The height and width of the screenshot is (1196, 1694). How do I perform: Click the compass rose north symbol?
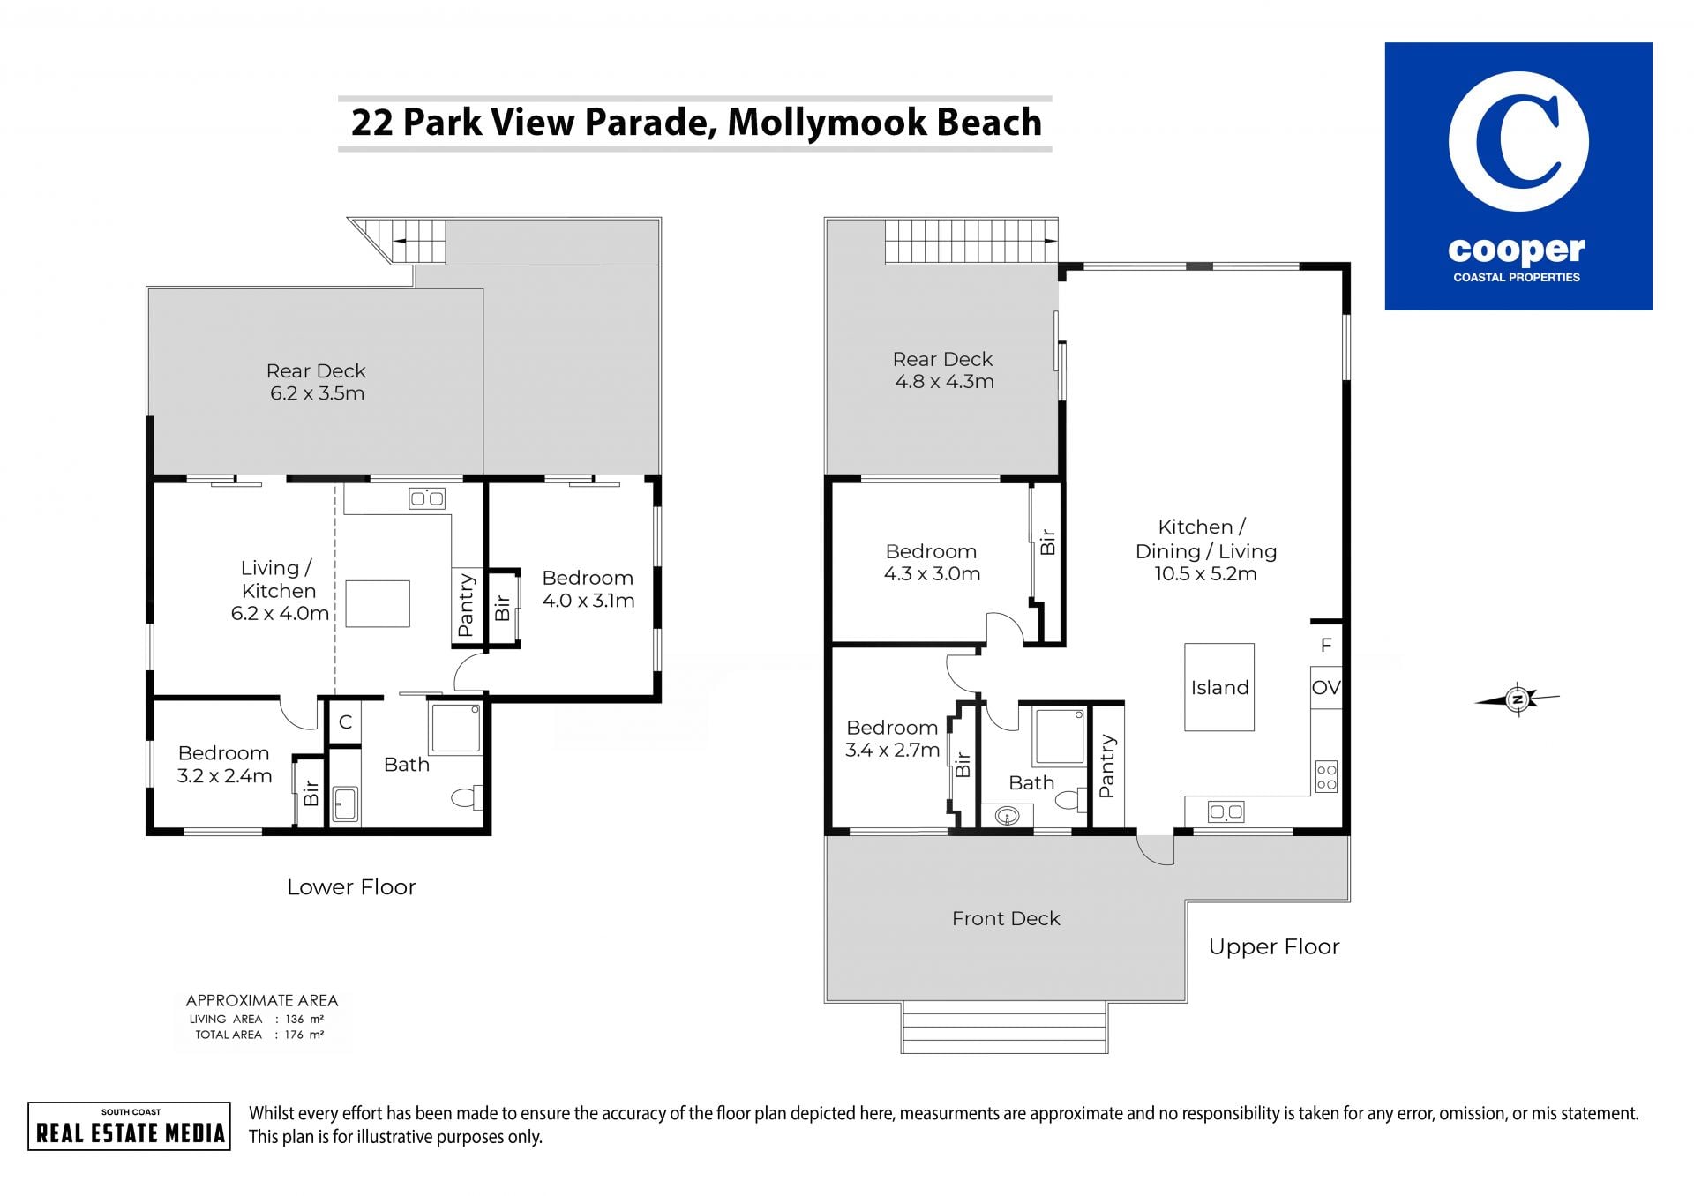(x=1518, y=699)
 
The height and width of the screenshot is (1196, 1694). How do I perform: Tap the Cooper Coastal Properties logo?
(x=1518, y=176)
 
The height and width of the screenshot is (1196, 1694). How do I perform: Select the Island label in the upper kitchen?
(x=1219, y=688)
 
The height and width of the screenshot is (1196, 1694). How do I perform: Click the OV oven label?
(x=1326, y=688)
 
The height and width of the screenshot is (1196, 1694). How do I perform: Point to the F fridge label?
(x=1326, y=646)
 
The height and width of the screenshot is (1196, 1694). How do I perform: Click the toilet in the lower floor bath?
(x=467, y=797)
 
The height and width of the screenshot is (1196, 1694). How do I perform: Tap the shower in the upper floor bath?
(x=1060, y=736)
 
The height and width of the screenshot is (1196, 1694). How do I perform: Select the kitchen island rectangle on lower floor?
(x=378, y=603)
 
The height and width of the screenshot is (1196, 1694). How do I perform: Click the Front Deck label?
(x=1006, y=919)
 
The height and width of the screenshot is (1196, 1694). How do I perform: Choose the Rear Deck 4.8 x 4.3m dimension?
(x=945, y=382)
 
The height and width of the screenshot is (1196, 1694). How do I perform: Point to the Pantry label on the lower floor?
(x=467, y=605)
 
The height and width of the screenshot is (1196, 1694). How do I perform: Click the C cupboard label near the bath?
(x=346, y=722)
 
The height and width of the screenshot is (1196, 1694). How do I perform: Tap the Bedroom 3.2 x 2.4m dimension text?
(x=224, y=776)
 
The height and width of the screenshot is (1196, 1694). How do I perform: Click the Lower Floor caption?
(x=351, y=887)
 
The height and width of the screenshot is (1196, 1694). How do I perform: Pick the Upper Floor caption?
(x=1274, y=947)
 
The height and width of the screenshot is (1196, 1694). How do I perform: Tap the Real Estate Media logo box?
(x=129, y=1126)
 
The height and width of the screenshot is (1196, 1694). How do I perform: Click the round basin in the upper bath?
(x=1007, y=816)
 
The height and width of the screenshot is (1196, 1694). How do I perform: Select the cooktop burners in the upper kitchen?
(x=1326, y=776)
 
